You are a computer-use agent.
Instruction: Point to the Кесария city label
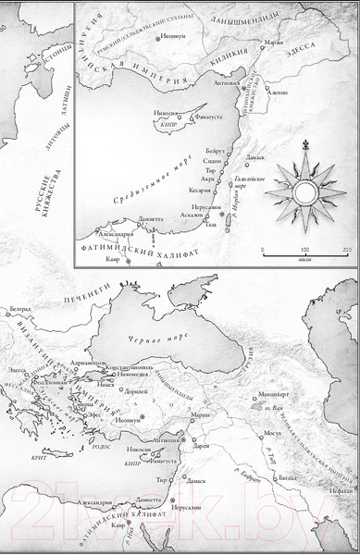[187, 190]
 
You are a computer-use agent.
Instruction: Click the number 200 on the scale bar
[345, 251]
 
